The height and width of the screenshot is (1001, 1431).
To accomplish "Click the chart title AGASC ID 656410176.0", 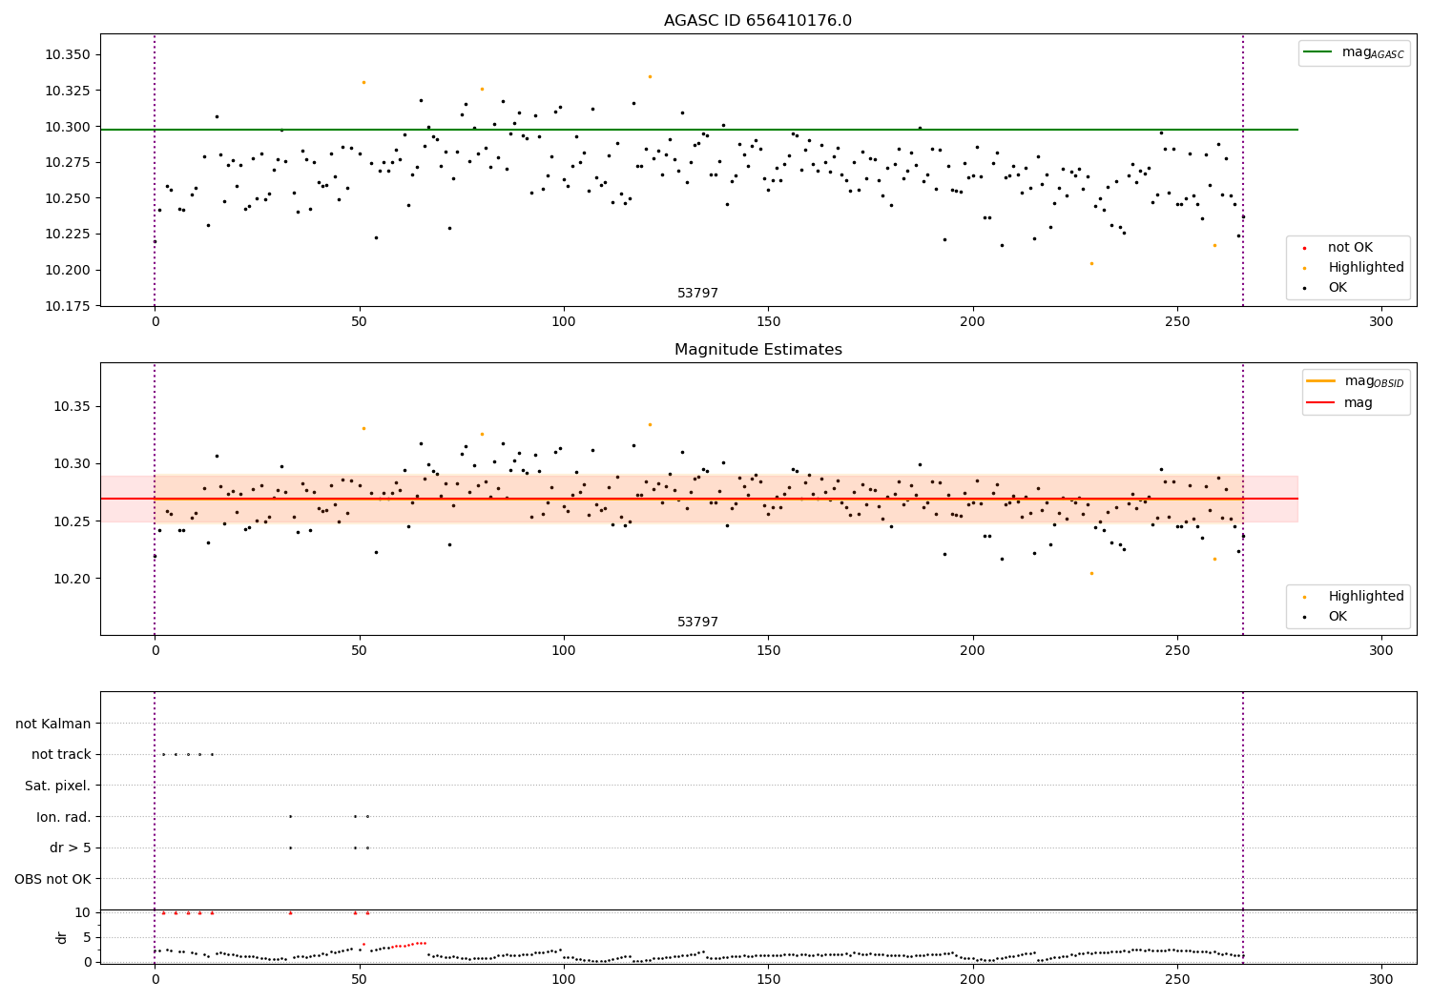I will (757, 21).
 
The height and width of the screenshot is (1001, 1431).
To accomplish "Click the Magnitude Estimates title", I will (757, 350).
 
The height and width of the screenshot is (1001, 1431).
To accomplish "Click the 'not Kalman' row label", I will (52, 725).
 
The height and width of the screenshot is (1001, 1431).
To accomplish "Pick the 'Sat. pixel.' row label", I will (57, 786).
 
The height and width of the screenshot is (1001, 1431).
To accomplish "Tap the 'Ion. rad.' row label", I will (63, 817).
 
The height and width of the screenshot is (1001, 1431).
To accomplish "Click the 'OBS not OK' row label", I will (52, 879).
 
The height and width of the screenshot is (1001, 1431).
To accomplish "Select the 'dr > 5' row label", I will (70, 848).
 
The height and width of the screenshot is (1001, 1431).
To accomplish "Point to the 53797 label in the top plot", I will (697, 294).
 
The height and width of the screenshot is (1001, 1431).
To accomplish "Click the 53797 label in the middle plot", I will (697, 623).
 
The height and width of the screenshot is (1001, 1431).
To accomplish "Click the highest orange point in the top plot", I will (650, 76).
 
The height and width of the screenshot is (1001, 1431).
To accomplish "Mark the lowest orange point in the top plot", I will (1091, 263).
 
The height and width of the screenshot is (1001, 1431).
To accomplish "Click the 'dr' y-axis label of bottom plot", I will (62, 937).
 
